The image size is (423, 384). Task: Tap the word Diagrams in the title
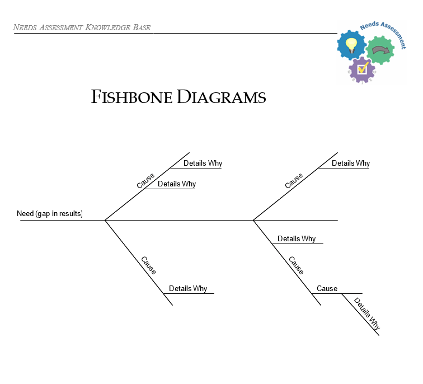click(222, 97)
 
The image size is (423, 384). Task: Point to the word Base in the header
click(142, 27)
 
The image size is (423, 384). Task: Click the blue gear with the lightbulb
click(352, 45)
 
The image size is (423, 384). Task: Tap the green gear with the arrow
click(380, 51)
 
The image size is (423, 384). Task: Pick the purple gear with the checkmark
click(363, 70)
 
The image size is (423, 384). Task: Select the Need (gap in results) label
click(50, 214)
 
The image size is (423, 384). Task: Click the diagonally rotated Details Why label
click(367, 313)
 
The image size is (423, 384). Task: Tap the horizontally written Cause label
click(327, 289)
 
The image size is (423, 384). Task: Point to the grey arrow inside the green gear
click(381, 51)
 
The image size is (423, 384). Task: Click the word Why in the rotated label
click(374, 323)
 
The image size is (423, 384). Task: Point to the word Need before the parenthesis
click(25, 214)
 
